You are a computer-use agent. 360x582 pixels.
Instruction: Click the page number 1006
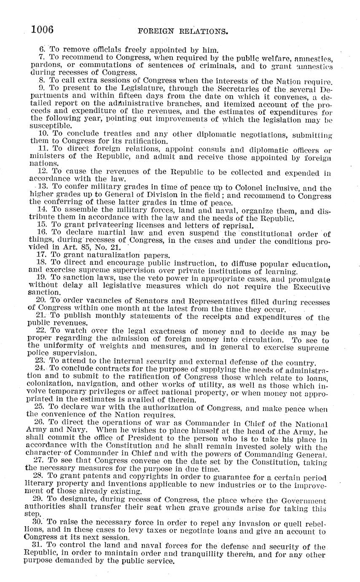[x=42, y=29]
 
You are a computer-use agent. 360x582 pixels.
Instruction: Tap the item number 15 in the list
[x=42, y=225]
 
